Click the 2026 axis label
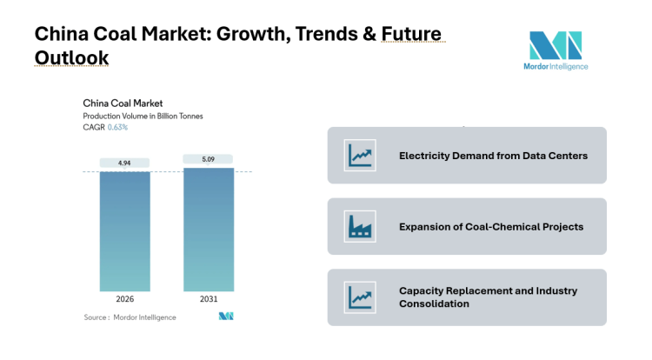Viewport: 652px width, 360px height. click(x=124, y=299)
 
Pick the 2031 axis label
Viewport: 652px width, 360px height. click(x=208, y=299)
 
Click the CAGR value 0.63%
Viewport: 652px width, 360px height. click(x=117, y=127)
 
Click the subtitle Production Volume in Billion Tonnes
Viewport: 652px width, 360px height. click(x=143, y=116)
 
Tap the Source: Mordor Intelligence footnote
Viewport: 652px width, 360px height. click(x=130, y=317)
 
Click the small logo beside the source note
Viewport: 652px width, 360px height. click(x=226, y=317)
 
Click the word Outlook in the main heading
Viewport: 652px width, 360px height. click(x=72, y=57)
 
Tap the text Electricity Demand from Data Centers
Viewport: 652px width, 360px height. click(x=493, y=156)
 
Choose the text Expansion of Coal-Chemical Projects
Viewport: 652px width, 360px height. click(x=491, y=226)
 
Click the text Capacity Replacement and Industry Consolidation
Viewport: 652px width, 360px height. click(x=488, y=297)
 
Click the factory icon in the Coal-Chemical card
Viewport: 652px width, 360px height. click(x=360, y=226)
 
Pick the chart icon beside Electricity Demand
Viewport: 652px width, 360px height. click(x=360, y=156)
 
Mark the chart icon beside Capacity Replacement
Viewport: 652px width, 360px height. click(x=360, y=297)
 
